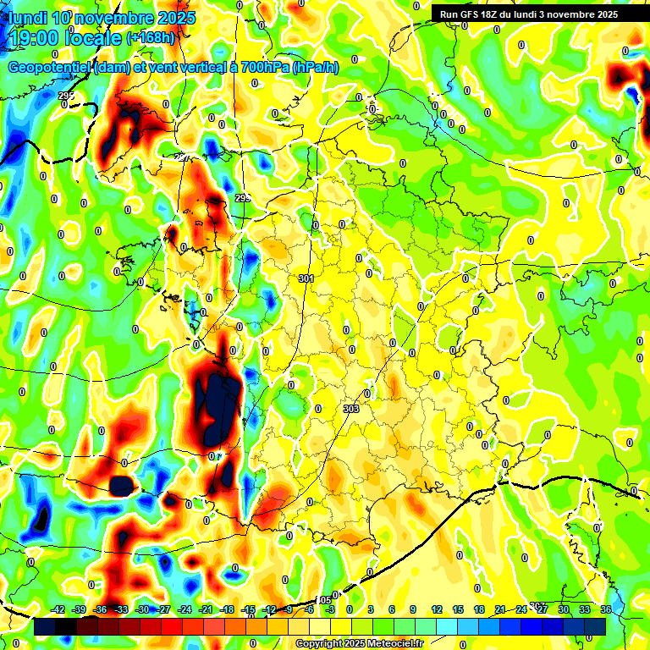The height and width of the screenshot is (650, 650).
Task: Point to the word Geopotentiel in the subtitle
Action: point(48,68)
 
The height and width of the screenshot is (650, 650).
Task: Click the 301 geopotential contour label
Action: point(306,278)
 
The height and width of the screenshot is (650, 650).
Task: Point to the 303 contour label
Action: point(351,409)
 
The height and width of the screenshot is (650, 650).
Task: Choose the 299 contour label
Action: point(243,198)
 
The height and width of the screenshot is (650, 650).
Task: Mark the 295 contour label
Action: point(66,96)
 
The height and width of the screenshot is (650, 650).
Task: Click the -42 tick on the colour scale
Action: point(58,609)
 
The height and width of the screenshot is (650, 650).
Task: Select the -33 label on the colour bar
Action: point(121,609)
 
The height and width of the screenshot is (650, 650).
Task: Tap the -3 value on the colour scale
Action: point(331,609)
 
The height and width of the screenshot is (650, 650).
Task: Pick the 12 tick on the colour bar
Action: point(437,609)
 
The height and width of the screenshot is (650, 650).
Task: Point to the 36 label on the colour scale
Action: point(605,609)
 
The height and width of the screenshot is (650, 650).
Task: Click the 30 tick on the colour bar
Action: point(563,609)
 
